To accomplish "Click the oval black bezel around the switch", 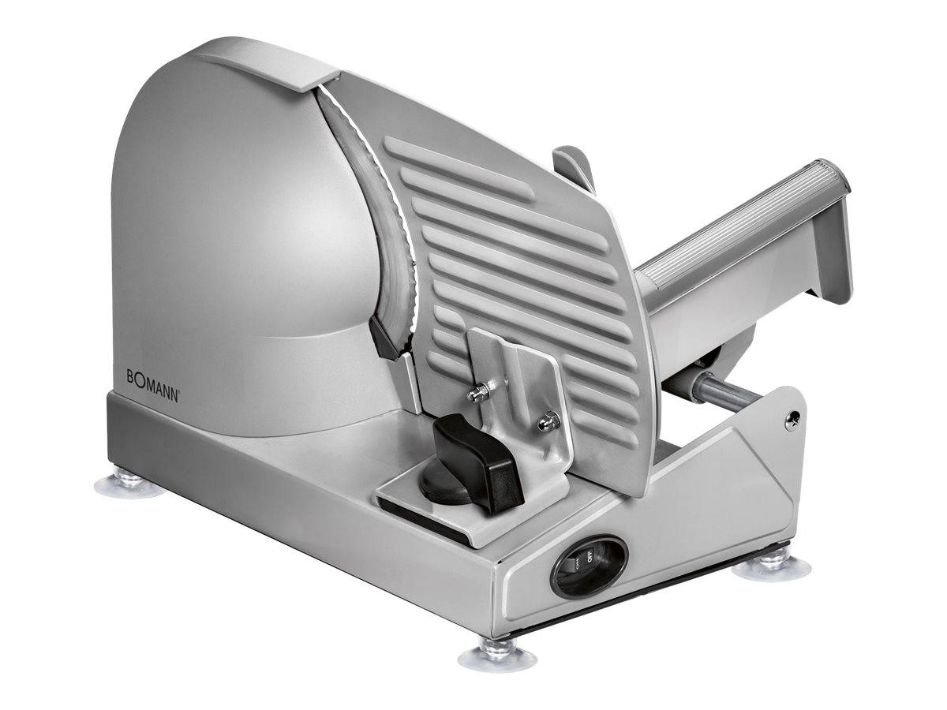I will point(590,566).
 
